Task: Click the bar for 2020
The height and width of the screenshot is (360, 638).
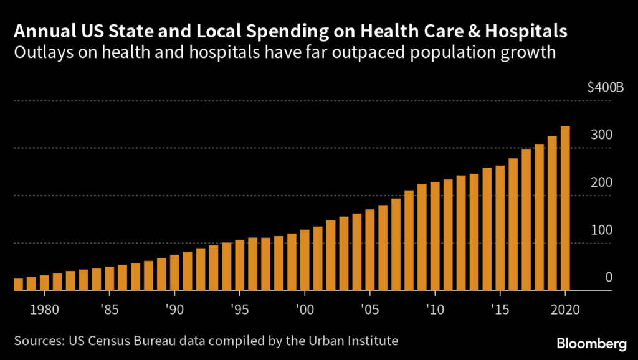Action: point(565,209)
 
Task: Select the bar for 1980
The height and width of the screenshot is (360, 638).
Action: point(44,282)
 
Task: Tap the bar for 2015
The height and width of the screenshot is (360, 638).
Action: point(500,228)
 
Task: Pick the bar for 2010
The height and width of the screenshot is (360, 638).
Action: point(435,236)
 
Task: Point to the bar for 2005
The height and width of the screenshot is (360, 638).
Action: point(369,250)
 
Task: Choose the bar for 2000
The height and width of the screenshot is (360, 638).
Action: point(305,260)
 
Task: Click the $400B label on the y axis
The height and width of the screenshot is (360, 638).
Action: point(605,88)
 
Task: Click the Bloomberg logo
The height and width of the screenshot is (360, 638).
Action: point(592,343)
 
